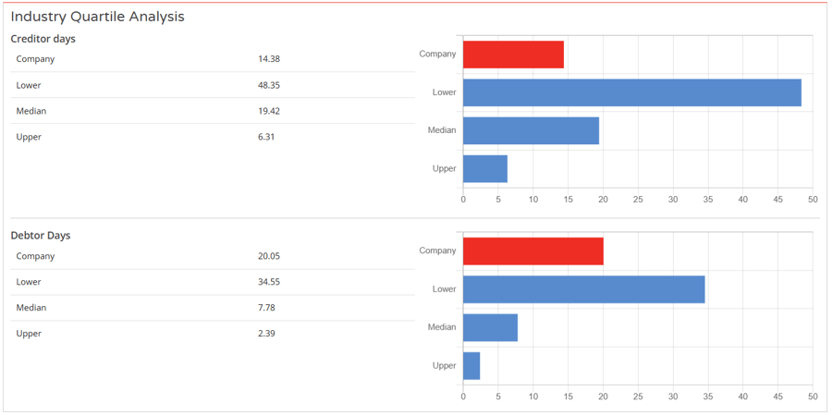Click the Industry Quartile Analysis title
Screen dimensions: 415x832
(x=97, y=17)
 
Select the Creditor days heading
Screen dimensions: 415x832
(x=43, y=39)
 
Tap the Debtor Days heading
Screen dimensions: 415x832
(x=40, y=236)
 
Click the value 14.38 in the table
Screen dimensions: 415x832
(x=269, y=59)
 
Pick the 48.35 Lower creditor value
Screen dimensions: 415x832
(x=269, y=85)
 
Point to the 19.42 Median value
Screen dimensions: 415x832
(x=269, y=111)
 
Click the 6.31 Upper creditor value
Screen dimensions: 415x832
(x=266, y=137)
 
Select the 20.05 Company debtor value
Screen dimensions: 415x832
(x=269, y=256)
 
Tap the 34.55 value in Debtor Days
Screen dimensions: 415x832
(x=269, y=282)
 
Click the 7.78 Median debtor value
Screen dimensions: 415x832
(x=266, y=308)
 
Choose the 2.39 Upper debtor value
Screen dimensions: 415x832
(x=266, y=334)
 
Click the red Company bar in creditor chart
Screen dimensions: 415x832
(x=513, y=55)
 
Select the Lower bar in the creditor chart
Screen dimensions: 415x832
(x=631, y=92)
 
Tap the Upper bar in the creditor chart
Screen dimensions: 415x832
(x=484, y=168)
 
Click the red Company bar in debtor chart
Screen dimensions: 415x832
(x=532, y=251)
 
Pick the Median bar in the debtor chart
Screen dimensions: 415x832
(x=490, y=327)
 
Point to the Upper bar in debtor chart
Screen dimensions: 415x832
(x=471, y=366)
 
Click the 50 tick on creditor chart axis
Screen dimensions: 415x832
(x=813, y=199)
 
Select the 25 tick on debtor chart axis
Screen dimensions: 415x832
(x=638, y=396)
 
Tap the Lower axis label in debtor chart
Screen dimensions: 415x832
(x=445, y=289)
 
